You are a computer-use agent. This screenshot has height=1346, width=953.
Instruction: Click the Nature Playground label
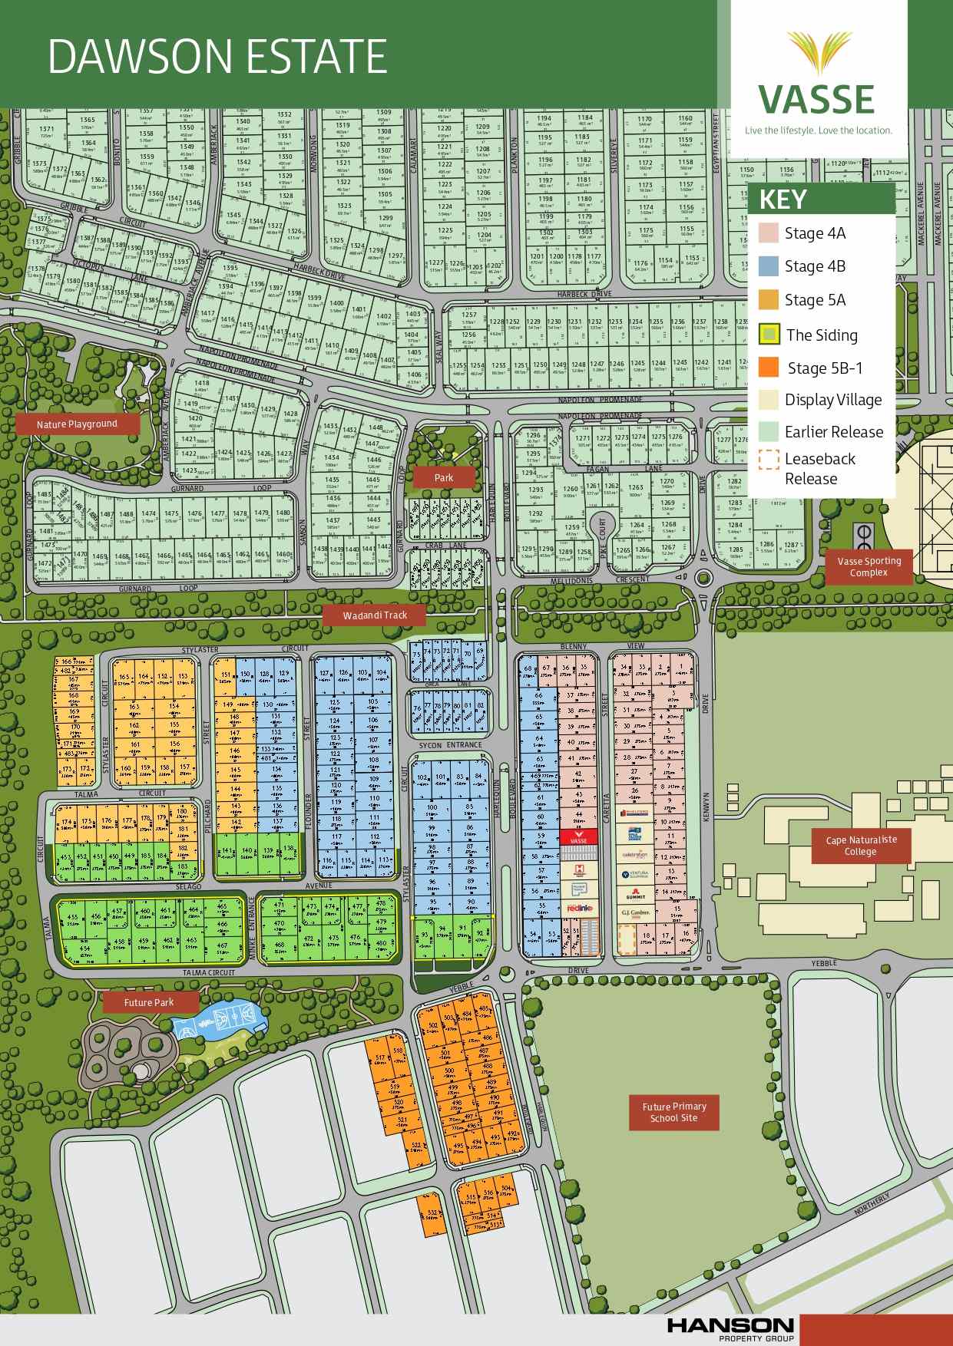(77, 424)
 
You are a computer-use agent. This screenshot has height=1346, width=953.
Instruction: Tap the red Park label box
(444, 477)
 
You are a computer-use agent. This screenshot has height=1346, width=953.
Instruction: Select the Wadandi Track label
(375, 615)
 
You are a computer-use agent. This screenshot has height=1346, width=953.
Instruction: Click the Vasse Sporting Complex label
(869, 566)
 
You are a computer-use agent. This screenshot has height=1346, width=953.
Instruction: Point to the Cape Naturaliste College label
(860, 845)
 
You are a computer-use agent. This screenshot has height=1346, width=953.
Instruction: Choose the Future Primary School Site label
(674, 1112)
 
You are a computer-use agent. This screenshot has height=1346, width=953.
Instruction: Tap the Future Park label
(149, 1002)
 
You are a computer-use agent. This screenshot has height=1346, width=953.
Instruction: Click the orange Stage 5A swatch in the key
(769, 300)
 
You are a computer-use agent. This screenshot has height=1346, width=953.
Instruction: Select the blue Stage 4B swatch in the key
(769, 266)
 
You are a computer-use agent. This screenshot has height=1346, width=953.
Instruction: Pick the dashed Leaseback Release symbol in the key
(769, 459)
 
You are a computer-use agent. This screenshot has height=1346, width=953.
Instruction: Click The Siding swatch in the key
(769, 334)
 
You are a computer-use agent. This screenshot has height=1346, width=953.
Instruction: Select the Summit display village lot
(635, 895)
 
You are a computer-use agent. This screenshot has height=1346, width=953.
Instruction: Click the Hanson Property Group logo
(730, 1328)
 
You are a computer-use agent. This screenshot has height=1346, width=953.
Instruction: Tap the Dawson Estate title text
(217, 56)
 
